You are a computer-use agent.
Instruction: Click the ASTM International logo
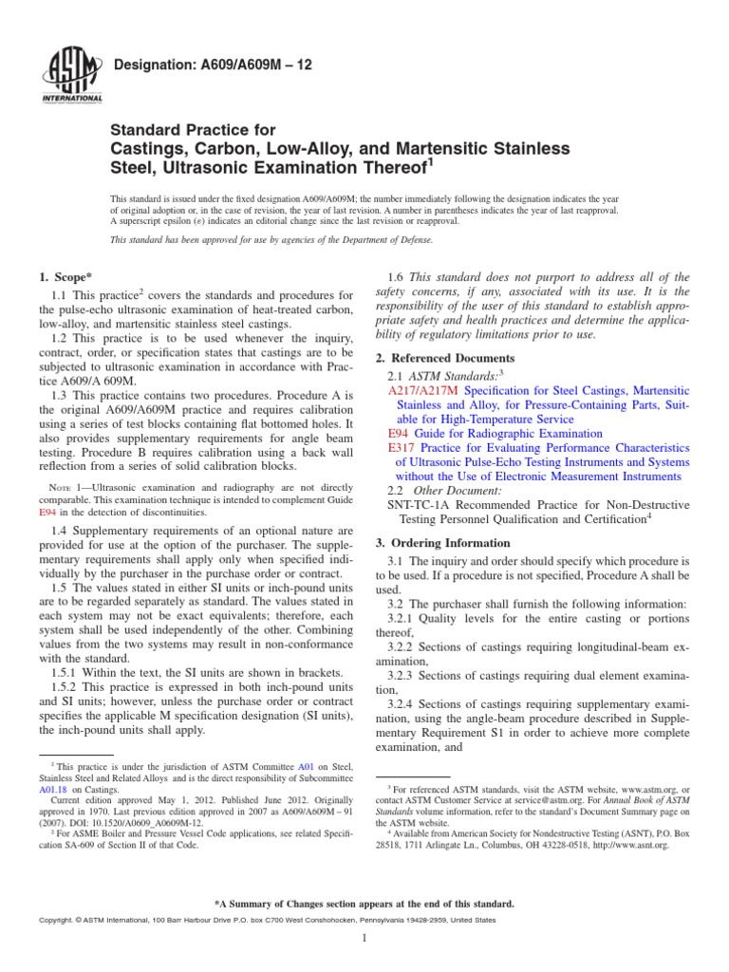pyautogui.click(x=73, y=75)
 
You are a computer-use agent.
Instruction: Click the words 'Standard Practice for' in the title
pyautogui.click(x=194, y=130)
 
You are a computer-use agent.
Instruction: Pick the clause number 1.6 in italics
pyautogui.click(x=396, y=277)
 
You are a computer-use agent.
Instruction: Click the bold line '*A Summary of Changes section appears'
pyautogui.click(x=364, y=904)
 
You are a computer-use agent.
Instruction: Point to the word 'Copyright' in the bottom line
pyautogui.click(x=57, y=921)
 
